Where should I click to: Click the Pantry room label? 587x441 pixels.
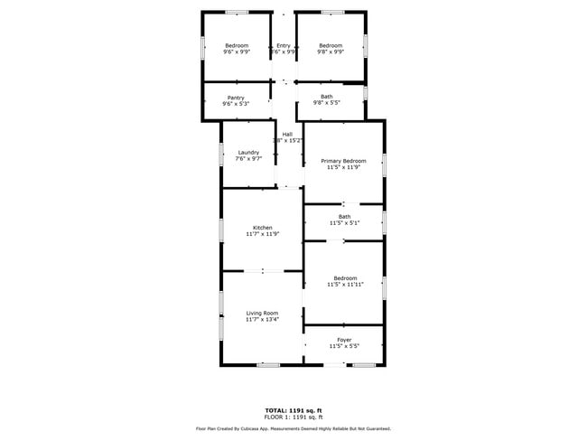click(236, 98)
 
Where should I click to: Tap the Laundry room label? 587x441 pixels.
click(248, 153)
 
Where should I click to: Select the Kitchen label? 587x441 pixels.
click(263, 228)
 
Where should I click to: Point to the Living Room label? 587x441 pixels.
click(262, 313)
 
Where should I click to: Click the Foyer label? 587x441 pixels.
click(344, 340)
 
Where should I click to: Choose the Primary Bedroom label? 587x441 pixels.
click(343, 161)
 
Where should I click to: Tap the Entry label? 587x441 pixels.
click(284, 46)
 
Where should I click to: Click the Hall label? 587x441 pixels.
click(287, 135)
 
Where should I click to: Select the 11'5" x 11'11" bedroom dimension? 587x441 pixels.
click(344, 285)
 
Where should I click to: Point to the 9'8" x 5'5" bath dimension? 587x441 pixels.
click(326, 103)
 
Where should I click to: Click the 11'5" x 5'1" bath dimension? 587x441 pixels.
click(344, 222)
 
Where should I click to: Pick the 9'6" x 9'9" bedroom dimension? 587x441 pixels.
click(236, 52)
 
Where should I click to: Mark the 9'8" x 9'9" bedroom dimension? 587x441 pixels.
click(331, 52)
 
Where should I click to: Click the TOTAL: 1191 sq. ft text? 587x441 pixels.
click(293, 410)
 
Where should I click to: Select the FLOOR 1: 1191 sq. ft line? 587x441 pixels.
click(293, 417)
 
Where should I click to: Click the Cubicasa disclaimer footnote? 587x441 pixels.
click(293, 428)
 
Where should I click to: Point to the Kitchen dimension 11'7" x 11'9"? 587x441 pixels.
click(263, 234)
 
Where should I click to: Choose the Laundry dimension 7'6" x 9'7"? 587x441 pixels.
click(248, 159)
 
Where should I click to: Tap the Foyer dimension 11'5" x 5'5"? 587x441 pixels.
click(344, 346)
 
